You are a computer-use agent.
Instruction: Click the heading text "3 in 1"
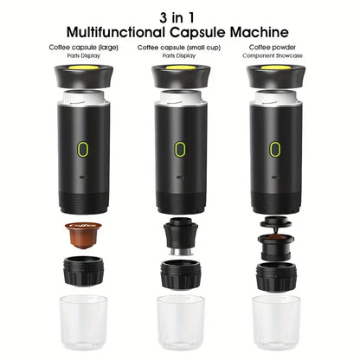(x=179, y=15)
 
